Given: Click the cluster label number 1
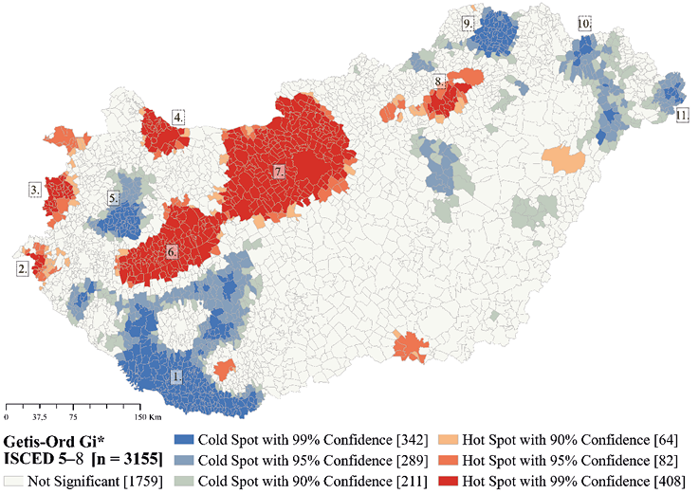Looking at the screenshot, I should click(176, 375).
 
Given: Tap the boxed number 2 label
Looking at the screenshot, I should click(22, 269).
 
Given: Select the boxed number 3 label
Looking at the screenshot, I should click(35, 190).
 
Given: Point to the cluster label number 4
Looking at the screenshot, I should click(177, 118).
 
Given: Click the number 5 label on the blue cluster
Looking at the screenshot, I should click(113, 199).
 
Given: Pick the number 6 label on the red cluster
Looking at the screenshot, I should click(172, 253).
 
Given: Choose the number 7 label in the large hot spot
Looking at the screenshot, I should click(279, 172).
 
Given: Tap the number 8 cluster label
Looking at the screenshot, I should click(437, 82).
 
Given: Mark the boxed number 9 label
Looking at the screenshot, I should click(468, 24).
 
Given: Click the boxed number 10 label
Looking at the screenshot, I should click(584, 23).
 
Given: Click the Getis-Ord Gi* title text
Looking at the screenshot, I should click(54, 443).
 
